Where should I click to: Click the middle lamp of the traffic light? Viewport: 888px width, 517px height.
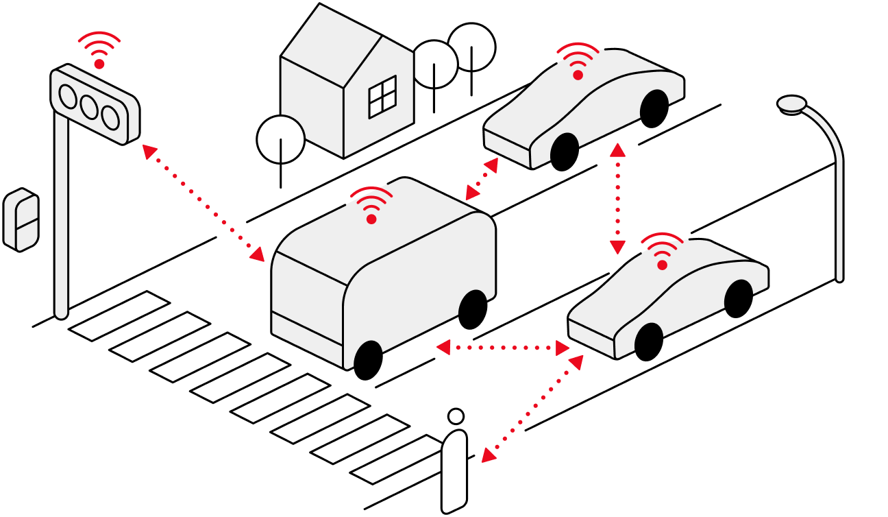(x=89, y=107)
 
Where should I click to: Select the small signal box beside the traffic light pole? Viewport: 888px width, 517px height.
(x=21, y=219)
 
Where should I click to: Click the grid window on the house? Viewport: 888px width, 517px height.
(x=382, y=97)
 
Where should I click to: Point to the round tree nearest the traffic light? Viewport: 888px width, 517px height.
(x=281, y=139)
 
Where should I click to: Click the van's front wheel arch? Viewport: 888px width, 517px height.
(x=368, y=354)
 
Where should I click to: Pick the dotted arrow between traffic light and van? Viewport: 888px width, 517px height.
(x=203, y=203)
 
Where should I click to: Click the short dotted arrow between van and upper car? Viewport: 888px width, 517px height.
(x=482, y=179)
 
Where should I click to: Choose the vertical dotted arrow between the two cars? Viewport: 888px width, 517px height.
(x=617, y=199)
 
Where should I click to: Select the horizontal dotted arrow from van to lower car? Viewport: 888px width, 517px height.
(x=503, y=348)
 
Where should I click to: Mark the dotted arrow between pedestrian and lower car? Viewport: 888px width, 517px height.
(x=532, y=409)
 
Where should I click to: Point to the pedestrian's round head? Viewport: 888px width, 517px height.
(x=456, y=416)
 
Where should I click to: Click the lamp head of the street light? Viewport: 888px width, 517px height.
(x=792, y=104)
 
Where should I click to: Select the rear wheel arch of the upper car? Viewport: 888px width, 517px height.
(x=654, y=104)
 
